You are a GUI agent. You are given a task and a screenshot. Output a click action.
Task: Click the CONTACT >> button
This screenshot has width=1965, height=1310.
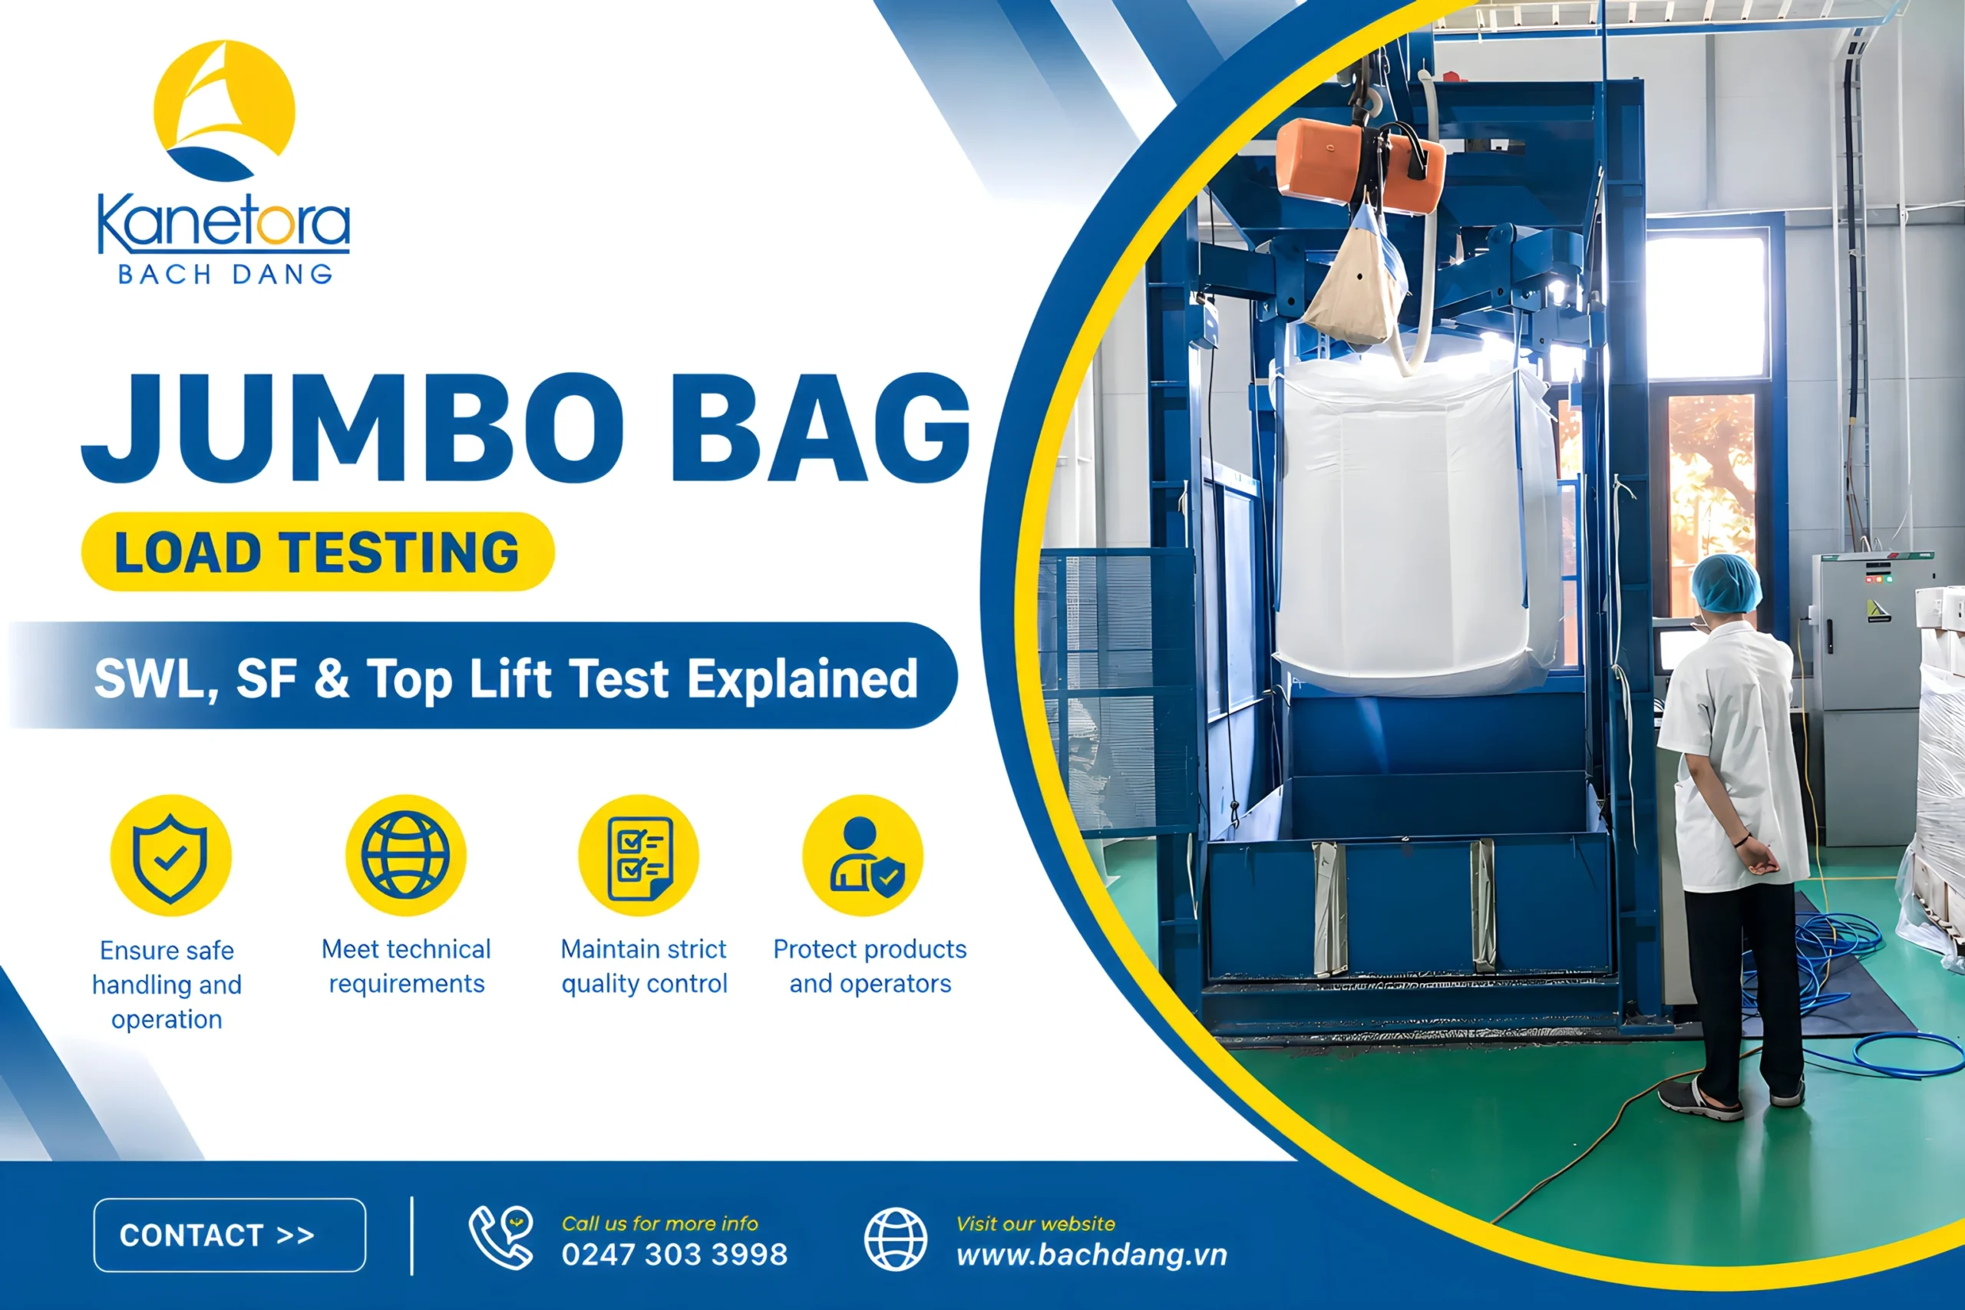230,1235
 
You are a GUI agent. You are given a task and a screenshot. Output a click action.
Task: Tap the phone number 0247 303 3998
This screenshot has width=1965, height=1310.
674,1254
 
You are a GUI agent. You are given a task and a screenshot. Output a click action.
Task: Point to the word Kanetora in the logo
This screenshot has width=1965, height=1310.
224,223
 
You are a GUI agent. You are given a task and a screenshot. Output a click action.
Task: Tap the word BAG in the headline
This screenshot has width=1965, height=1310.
821,427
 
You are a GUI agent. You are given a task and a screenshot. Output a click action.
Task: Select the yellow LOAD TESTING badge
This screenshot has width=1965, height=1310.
318,552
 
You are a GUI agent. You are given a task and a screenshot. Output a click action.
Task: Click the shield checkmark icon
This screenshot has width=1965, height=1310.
170,856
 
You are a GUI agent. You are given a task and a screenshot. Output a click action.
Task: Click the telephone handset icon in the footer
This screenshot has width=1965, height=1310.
501,1237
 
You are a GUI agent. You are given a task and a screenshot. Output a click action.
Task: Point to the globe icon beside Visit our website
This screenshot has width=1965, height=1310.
896,1239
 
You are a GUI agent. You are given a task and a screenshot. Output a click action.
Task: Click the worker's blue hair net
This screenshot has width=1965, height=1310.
1726,582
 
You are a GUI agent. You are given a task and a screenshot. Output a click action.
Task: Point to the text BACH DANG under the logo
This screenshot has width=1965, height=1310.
226,274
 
